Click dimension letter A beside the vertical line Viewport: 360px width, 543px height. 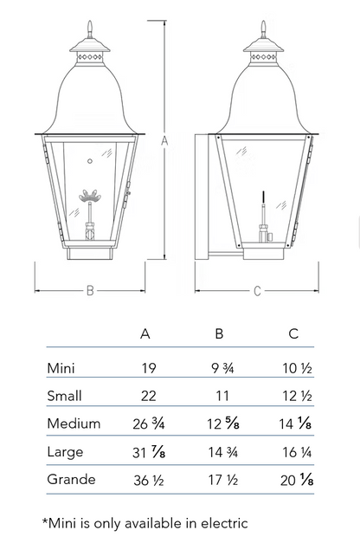(x=164, y=141)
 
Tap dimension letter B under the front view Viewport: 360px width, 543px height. (x=90, y=290)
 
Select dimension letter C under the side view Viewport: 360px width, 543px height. (x=257, y=291)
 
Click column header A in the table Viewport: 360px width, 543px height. (x=145, y=333)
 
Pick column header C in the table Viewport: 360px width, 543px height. (x=293, y=333)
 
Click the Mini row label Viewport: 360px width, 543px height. (x=61, y=368)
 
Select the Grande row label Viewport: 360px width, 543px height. (x=71, y=479)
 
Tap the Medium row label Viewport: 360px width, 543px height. (x=74, y=423)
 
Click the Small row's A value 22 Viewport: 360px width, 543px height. (x=149, y=396)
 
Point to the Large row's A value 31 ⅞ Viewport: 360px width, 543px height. (x=149, y=452)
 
